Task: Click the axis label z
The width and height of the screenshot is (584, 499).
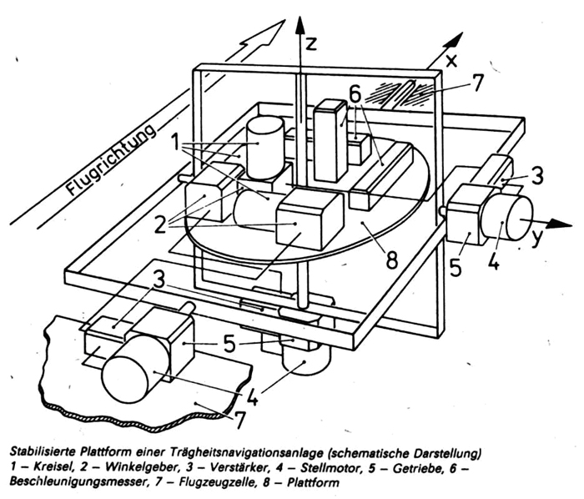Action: (310, 43)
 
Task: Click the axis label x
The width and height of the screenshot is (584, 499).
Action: (451, 61)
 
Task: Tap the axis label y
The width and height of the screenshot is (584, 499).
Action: (536, 238)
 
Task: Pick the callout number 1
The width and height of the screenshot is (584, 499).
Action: (175, 143)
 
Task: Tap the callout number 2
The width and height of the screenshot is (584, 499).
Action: (160, 224)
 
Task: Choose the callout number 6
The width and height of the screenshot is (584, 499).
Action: (355, 94)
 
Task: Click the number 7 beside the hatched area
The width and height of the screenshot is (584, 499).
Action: (476, 83)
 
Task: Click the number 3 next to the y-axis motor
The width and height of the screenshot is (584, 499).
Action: (536, 176)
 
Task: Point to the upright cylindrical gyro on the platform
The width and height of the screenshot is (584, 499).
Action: (264, 148)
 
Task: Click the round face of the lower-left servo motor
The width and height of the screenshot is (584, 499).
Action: (125, 379)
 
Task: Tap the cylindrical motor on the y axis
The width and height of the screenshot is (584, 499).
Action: (507, 217)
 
